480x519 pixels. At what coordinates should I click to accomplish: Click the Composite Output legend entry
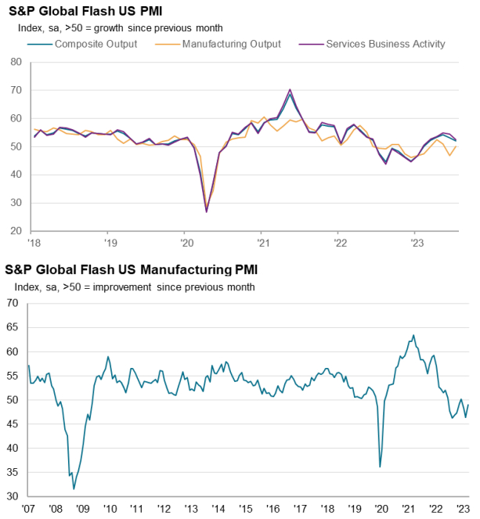pyautogui.click(x=96, y=44)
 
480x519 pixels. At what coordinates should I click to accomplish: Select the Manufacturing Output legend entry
pyautogui.click(x=231, y=44)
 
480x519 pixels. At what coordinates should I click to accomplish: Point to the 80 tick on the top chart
pyautogui.click(x=16, y=62)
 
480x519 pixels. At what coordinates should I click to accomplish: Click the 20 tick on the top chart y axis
pyautogui.click(x=16, y=231)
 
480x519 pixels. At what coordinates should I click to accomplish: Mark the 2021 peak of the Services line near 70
pyautogui.click(x=291, y=90)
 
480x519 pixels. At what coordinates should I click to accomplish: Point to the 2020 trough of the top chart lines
pyautogui.click(x=207, y=211)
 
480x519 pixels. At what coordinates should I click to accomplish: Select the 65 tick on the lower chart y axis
pyautogui.click(x=11, y=327)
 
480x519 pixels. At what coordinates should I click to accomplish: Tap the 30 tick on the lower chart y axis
pyautogui.click(x=11, y=496)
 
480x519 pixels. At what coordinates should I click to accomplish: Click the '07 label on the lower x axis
pyautogui.click(x=29, y=508)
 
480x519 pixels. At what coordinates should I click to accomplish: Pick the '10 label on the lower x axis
pyautogui.click(x=110, y=508)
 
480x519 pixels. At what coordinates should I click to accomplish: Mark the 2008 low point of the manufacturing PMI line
pyautogui.click(x=74, y=488)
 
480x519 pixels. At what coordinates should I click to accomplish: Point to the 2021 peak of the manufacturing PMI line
pyautogui.click(x=413, y=335)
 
